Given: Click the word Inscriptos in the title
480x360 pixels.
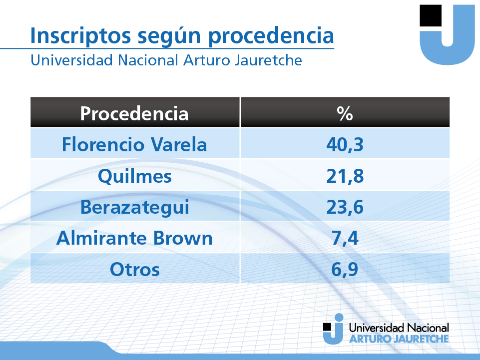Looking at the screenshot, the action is pyautogui.click(x=80, y=35).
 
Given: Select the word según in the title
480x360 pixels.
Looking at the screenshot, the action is pyautogui.click(x=169, y=36).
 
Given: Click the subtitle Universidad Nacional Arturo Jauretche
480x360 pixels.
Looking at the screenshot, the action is pyautogui.click(x=166, y=60).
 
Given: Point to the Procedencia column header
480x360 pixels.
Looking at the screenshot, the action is pyautogui.click(x=134, y=113).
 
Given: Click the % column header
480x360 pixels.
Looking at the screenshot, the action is pyautogui.click(x=345, y=113).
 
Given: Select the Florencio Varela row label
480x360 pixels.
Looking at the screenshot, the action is pyautogui.click(x=134, y=144).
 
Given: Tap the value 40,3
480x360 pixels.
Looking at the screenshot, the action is pyautogui.click(x=345, y=145).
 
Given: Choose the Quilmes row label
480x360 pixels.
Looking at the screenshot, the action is pyautogui.click(x=135, y=176).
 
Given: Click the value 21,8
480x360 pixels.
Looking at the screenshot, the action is pyautogui.click(x=345, y=176).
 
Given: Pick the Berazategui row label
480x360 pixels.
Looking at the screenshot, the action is pyautogui.click(x=135, y=208).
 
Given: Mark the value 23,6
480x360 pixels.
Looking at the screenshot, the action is pyautogui.click(x=345, y=207).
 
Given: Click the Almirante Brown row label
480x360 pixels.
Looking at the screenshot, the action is pyautogui.click(x=134, y=238).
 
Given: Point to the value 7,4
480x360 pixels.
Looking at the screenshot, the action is pyautogui.click(x=345, y=239).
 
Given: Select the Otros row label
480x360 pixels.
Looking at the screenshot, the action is pyautogui.click(x=135, y=270).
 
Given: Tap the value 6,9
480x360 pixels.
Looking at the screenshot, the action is pyautogui.click(x=345, y=270).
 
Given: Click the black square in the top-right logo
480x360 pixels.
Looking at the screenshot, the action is pyautogui.click(x=431, y=15).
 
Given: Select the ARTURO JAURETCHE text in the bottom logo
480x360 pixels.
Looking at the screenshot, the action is pyautogui.click(x=399, y=339).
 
